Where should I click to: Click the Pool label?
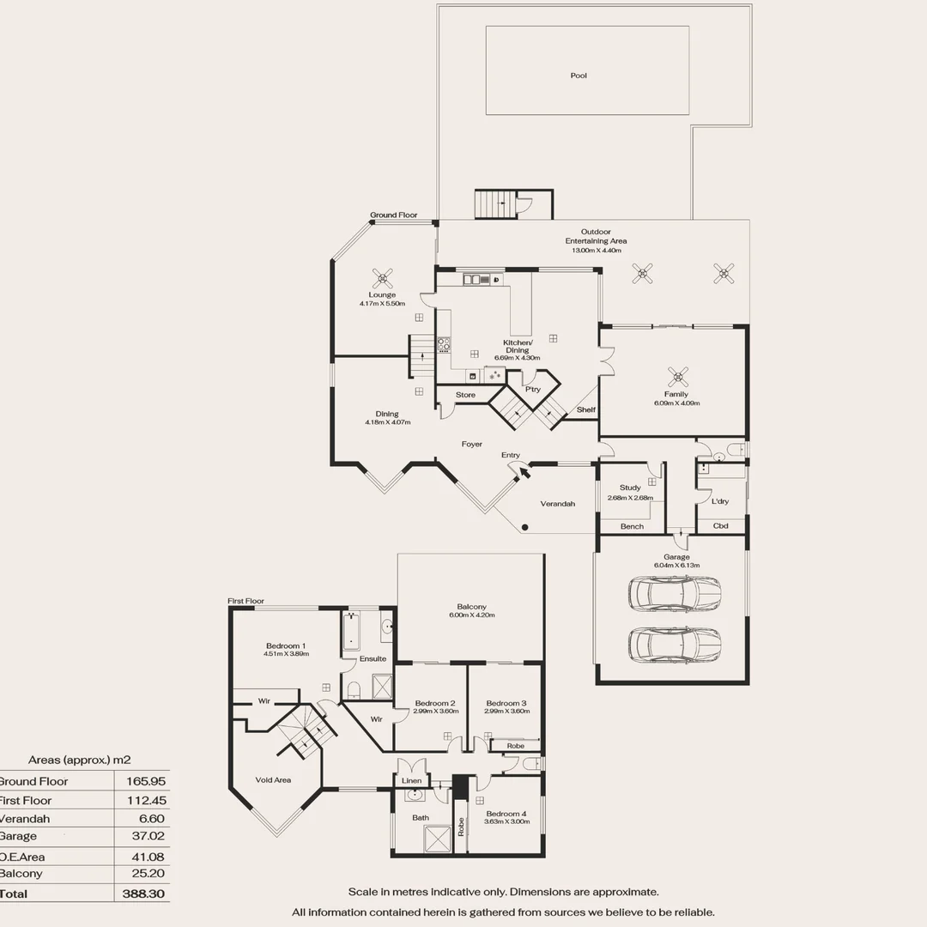(x=579, y=76)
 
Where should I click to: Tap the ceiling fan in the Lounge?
(x=382, y=277)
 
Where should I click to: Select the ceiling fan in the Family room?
(x=679, y=376)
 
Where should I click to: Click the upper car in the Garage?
(x=675, y=593)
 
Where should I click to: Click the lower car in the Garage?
(x=675, y=645)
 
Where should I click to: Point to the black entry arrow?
(x=523, y=469)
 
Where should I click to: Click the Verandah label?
(x=557, y=504)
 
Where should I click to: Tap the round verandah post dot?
(x=525, y=527)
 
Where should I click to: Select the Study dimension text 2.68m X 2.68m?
(x=630, y=497)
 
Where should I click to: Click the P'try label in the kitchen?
(x=532, y=389)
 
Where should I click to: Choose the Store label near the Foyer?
(x=465, y=395)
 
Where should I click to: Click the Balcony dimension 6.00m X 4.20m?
(x=471, y=615)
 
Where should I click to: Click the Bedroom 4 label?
(x=506, y=813)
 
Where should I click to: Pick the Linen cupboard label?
(x=412, y=780)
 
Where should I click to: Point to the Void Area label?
(x=273, y=780)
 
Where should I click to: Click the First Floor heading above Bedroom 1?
(x=245, y=602)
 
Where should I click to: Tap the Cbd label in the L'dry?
(x=720, y=525)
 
